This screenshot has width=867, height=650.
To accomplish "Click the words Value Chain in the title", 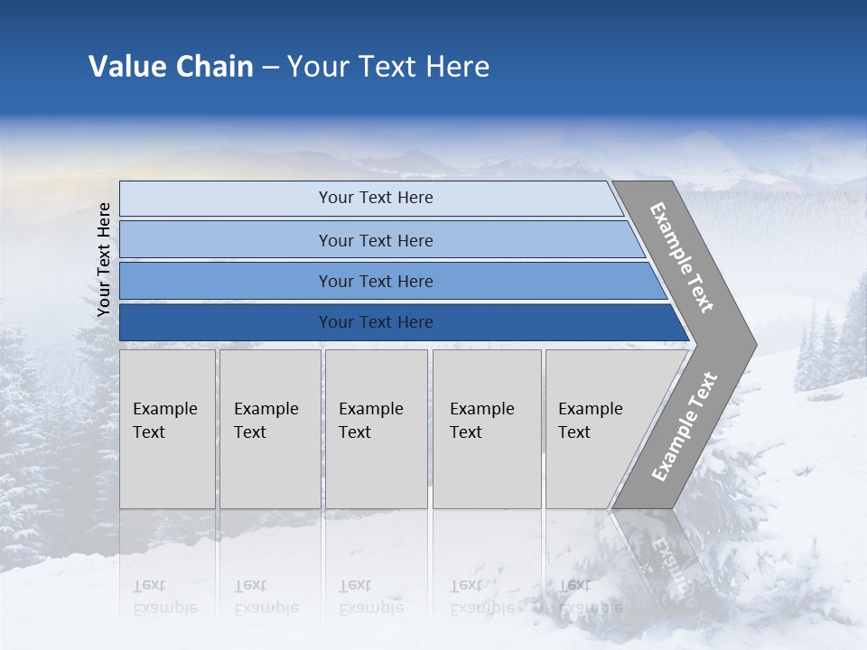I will click(x=171, y=67).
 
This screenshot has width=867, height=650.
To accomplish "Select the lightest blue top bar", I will click(x=226, y=199).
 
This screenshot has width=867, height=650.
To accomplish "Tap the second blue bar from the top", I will click(x=226, y=240).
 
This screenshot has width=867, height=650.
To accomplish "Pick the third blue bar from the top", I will click(x=226, y=281).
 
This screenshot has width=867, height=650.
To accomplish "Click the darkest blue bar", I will click(x=226, y=322).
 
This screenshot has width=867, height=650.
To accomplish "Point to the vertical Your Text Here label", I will click(x=104, y=259).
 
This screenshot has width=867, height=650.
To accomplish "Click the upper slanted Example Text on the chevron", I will click(x=682, y=257).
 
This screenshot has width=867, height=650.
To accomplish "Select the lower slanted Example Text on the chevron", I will click(x=684, y=427).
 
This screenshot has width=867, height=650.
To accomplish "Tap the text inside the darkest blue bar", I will click(x=376, y=322).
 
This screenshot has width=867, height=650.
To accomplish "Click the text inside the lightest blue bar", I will click(x=376, y=198).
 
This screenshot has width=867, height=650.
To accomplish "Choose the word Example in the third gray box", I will click(x=370, y=409).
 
